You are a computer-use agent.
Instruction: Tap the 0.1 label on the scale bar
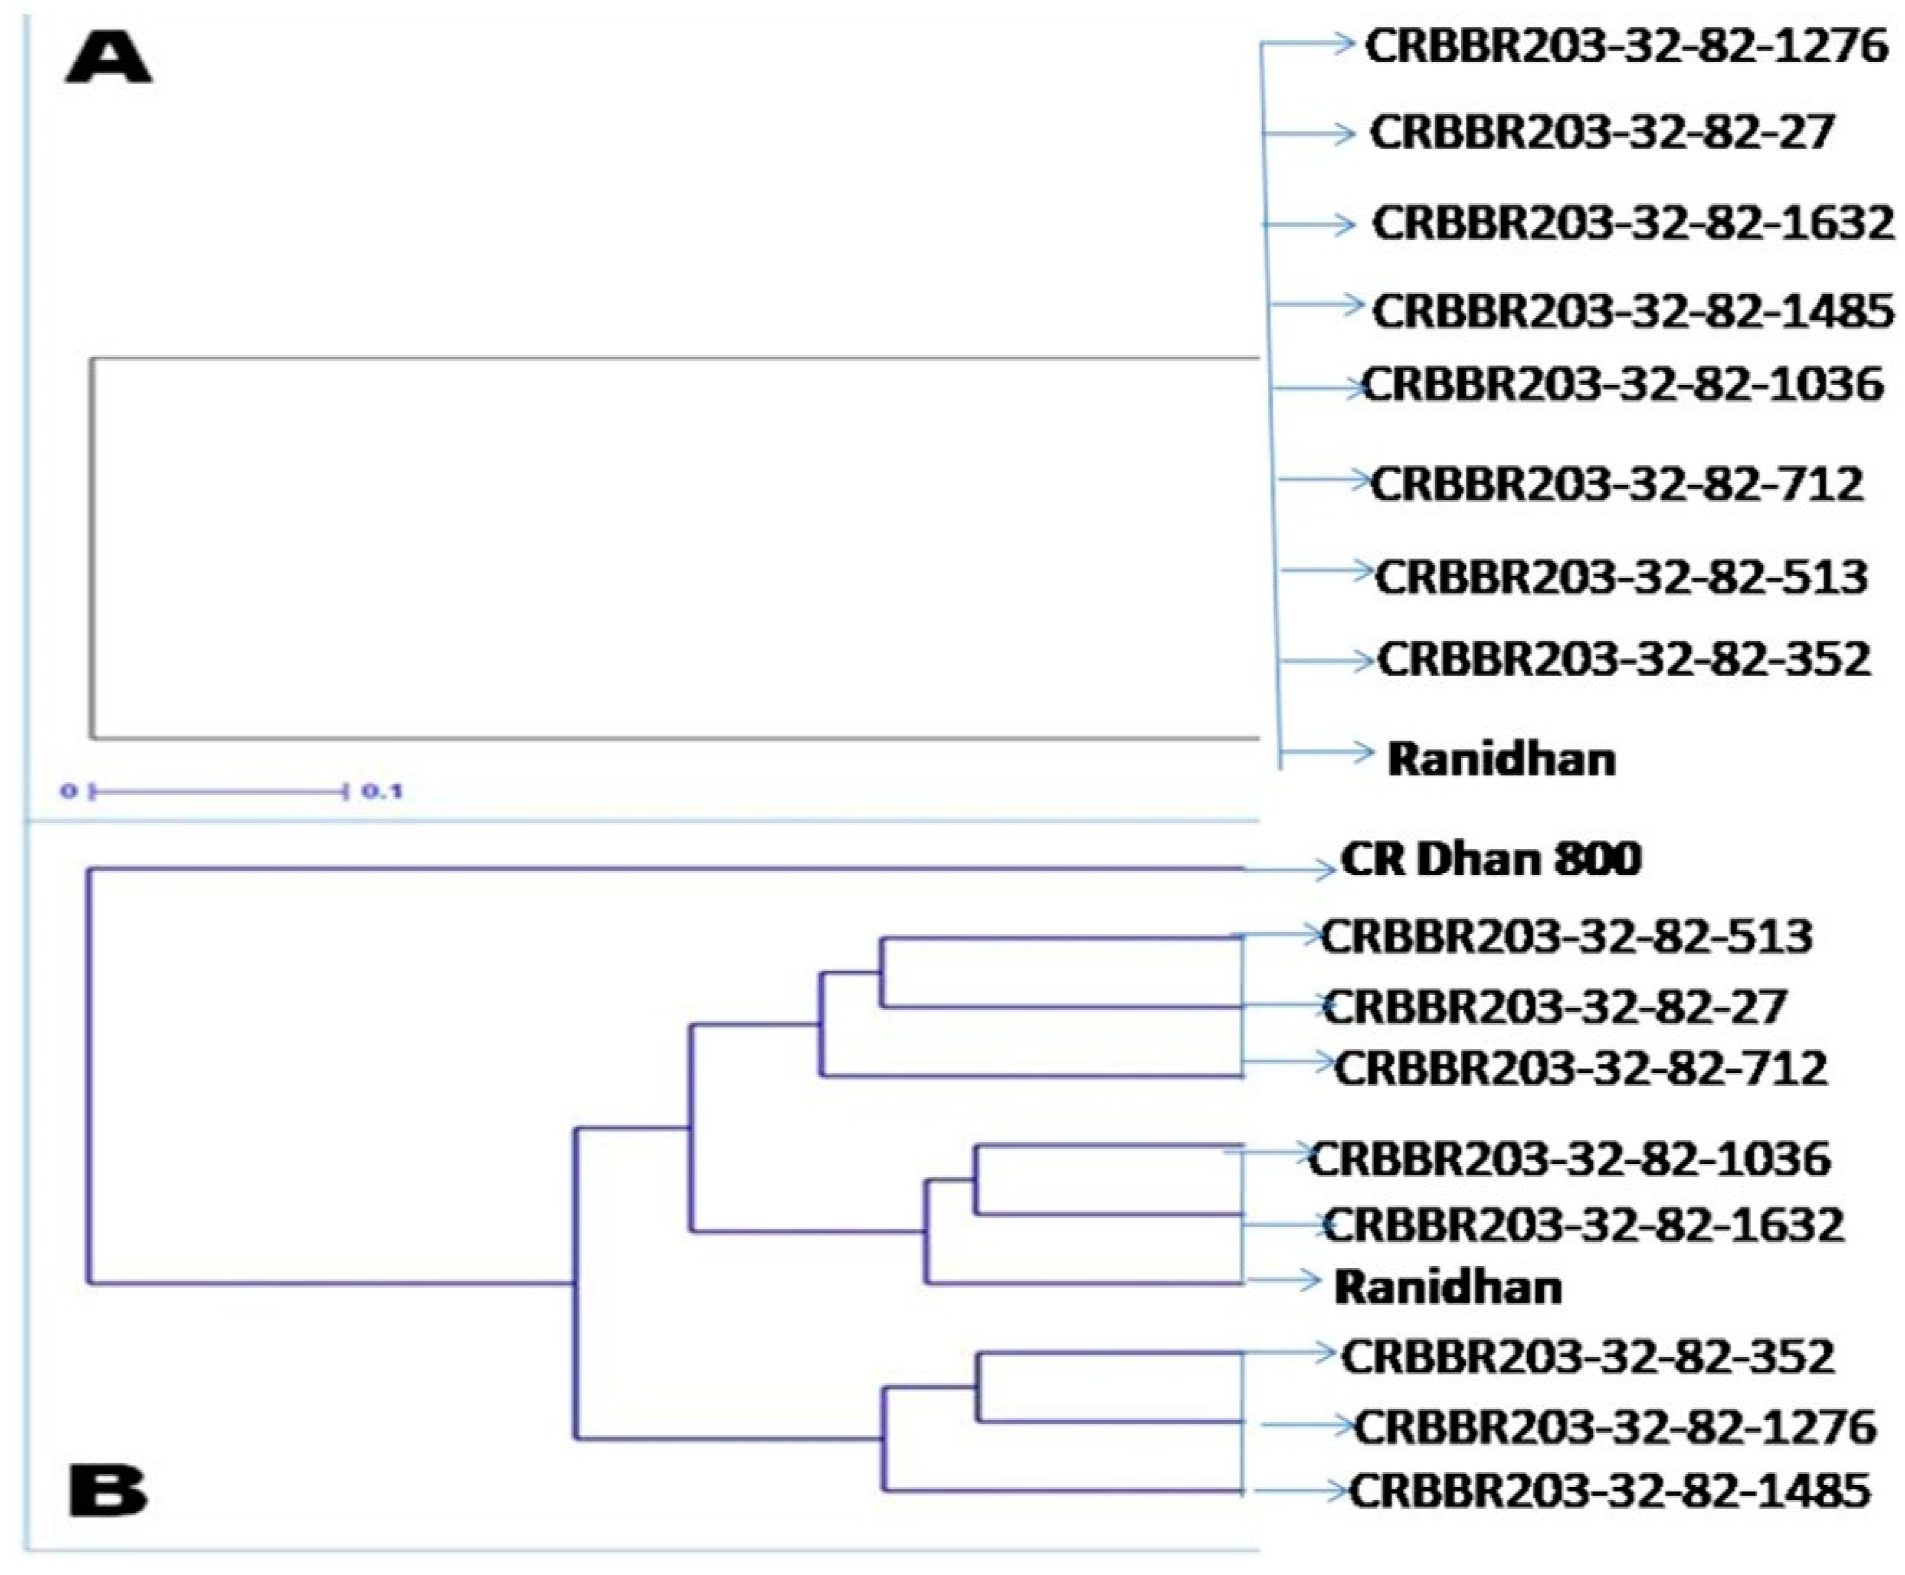(382, 792)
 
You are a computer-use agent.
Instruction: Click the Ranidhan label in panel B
(1448, 1288)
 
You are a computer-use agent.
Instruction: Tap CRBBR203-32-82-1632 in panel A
(1633, 223)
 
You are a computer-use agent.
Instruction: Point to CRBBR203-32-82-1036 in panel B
(1569, 1159)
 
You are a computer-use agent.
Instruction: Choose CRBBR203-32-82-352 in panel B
(1587, 1357)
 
